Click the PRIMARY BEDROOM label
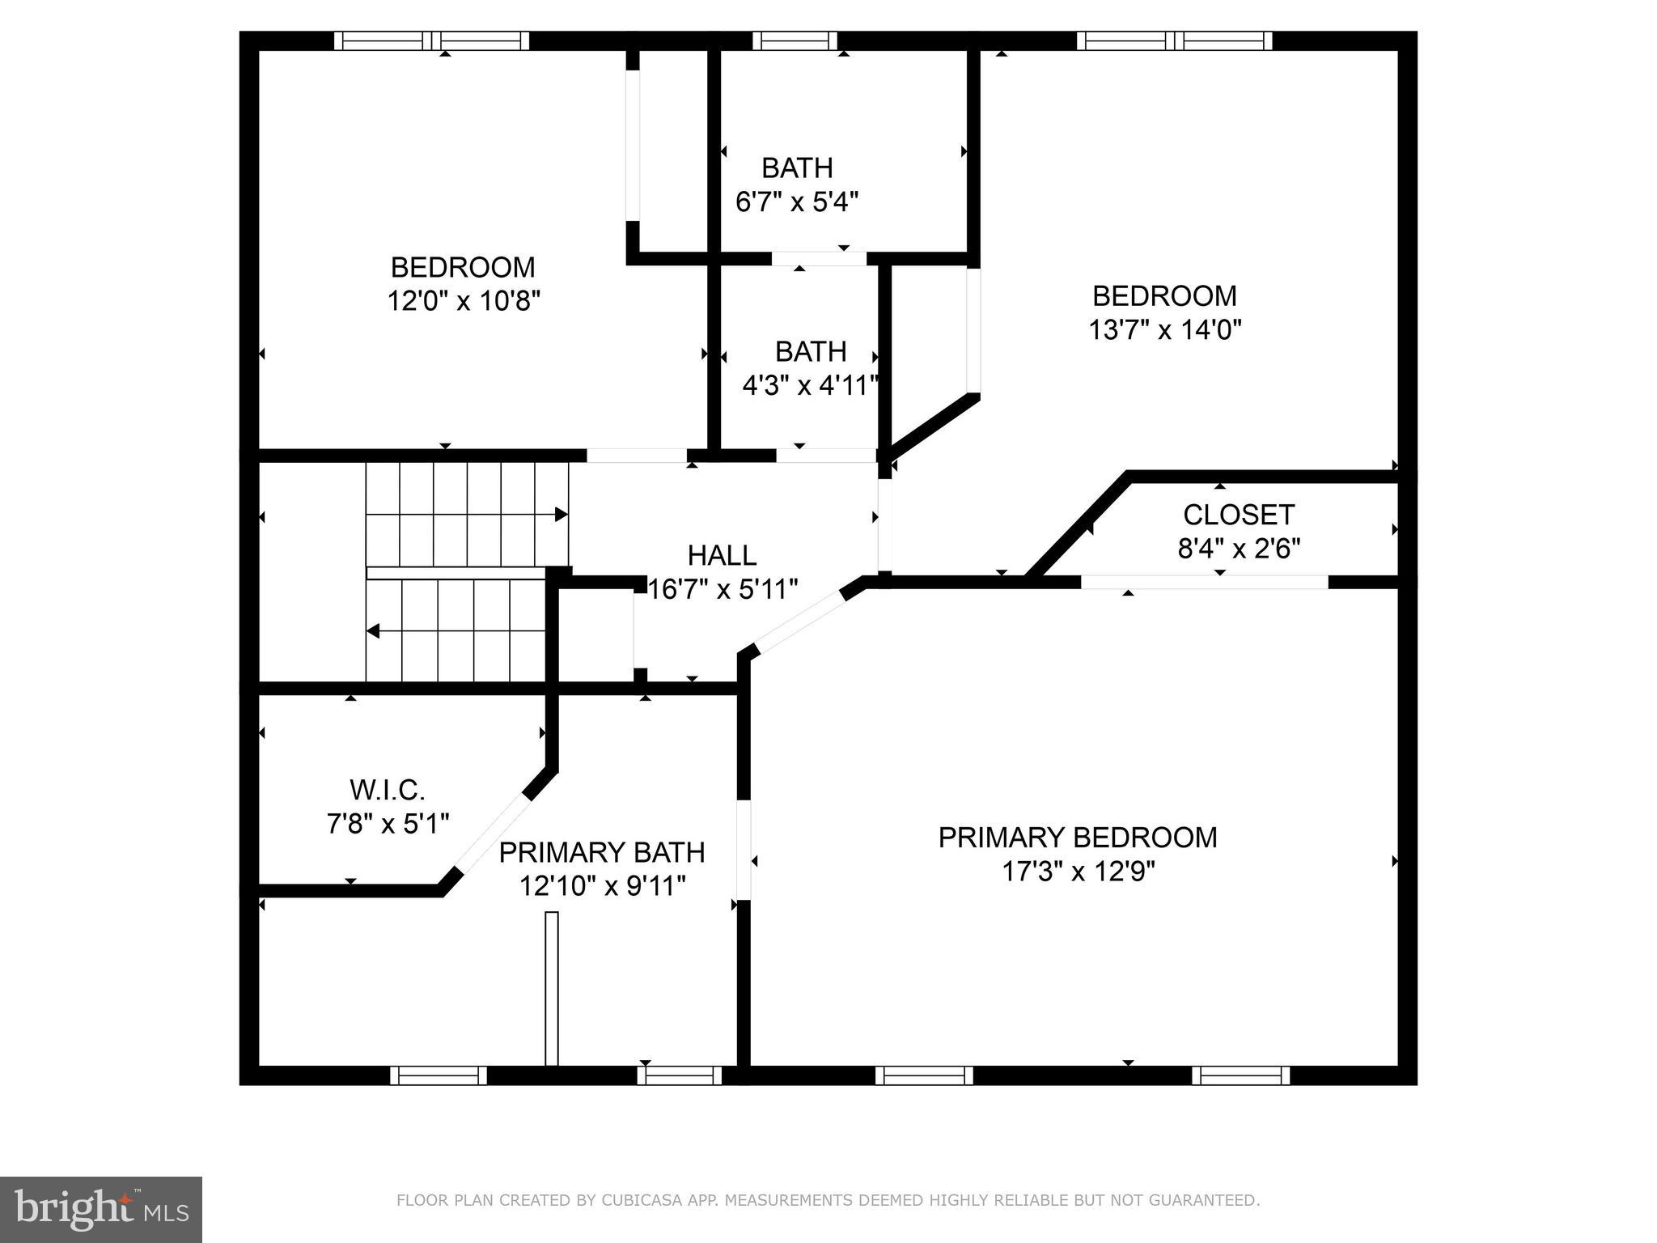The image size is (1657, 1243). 1077,838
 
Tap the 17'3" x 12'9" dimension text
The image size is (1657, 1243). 1078,872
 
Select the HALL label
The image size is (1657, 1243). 722,556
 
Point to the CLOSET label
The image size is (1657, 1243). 1238,515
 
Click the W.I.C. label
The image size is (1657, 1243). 387,789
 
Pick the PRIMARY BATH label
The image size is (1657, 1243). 601,853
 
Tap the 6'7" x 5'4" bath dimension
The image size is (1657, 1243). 796,202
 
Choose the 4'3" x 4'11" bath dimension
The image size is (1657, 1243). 810,385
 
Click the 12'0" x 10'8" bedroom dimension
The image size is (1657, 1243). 463,301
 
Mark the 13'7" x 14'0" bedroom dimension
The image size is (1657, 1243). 1164,329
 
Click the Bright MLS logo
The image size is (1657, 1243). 100,1209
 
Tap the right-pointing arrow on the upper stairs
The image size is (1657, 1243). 560,515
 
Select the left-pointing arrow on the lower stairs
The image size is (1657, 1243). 374,631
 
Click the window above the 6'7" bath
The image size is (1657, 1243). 795,40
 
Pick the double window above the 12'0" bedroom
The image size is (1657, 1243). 431,40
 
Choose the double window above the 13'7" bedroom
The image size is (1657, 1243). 1173,40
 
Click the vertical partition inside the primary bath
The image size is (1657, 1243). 552,988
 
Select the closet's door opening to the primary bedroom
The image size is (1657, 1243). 1204,582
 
